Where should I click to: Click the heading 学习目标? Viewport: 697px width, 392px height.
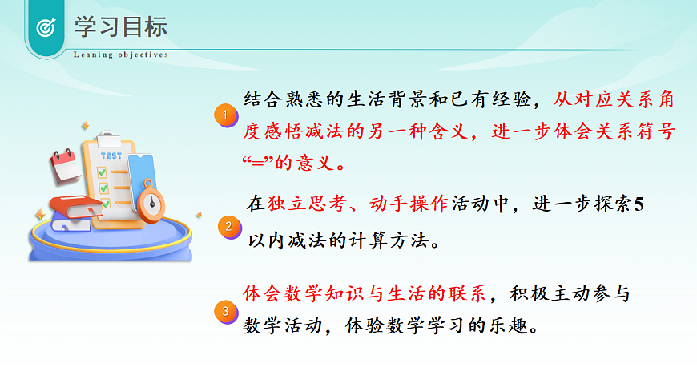click(x=121, y=26)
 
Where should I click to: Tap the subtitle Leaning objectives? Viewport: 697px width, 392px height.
click(x=121, y=55)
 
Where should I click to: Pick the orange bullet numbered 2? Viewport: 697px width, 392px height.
click(x=228, y=227)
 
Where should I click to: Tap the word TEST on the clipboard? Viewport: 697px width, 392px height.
click(x=111, y=156)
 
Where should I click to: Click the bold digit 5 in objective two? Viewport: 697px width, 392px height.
click(x=639, y=204)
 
